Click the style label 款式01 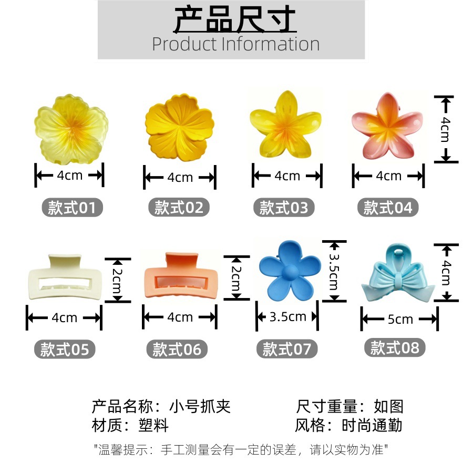tap(72, 208)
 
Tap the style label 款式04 tap(388, 208)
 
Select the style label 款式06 tap(177, 349)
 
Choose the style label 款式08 tap(395, 347)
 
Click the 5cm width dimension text tap(400, 319)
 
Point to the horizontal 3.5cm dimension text tap(287, 317)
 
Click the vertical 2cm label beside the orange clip tap(236, 278)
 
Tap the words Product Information tap(235, 44)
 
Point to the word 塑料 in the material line tap(154, 425)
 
